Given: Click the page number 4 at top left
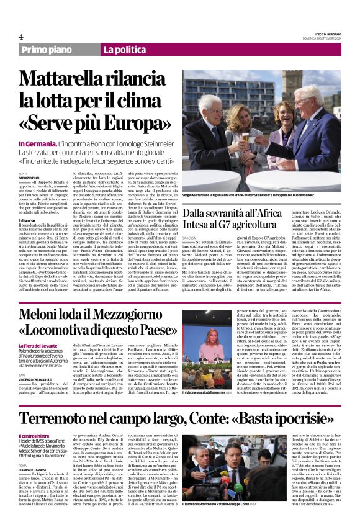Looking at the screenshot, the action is [21, 37].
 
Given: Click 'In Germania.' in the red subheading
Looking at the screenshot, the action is [39, 143].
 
